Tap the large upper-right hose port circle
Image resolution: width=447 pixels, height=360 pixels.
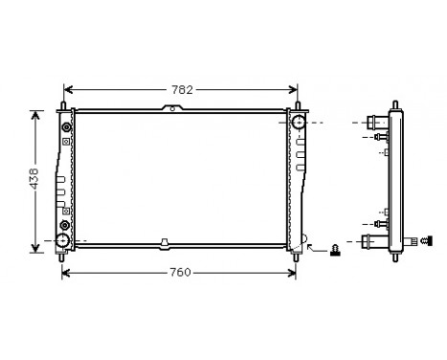coord(300,123)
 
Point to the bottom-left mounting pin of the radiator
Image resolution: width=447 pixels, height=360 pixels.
coord(63,256)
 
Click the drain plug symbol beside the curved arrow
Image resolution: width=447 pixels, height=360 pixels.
coord(335,251)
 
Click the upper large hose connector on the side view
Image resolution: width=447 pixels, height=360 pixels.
coord(374,123)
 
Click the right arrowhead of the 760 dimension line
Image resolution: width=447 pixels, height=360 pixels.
coord(292,272)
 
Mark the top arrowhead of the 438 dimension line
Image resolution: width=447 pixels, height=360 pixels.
coord(35,113)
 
